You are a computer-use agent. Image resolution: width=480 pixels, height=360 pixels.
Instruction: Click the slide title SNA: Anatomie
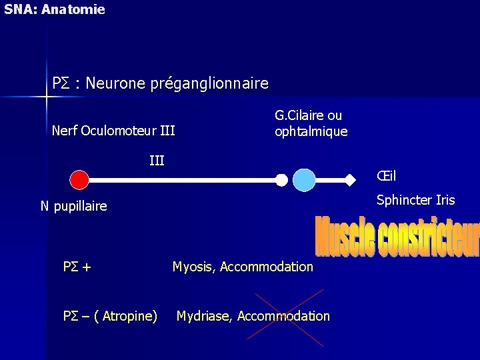pyautogui.click(x=55, y=9)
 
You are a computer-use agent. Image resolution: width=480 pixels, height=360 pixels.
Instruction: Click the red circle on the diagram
pyautogui.click(x=79, y=179)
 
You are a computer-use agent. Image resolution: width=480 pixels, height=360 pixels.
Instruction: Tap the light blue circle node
pyautogui.click(x=304, y=180)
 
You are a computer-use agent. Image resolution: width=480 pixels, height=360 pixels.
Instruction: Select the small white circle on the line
pyautogui.click(x=282, y=180)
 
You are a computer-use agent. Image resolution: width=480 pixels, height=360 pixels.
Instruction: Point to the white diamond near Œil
pyautogui.click(x=350, y=179)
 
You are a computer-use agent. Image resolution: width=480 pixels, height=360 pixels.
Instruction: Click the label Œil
pyautogui.click(x=386, y=176)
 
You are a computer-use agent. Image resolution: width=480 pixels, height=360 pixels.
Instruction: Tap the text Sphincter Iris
pyautogui.click(x=415, y=200)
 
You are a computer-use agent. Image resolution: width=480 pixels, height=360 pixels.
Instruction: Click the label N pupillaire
pyautogui.click(x=73, y=206)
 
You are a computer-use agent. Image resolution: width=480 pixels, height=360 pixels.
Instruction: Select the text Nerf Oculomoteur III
pyautogui.click(x=113, y=131)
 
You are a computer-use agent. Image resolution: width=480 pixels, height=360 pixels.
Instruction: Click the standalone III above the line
pyautogui.click(x=157, y=160)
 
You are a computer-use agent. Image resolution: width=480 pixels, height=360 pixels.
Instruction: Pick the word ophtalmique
pyautogui.click(x=311, y=131)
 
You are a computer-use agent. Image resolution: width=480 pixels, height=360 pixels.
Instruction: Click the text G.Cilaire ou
pyautogui.click(x=308, y=115)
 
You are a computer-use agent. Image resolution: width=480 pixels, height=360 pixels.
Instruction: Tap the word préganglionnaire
pyautogui.click(x=209, y=83)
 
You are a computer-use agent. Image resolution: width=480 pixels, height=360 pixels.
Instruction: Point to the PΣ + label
pyautogui.click(x=77, y=267)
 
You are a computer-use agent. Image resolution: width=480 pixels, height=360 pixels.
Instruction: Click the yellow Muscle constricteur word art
pyautogui.click(x=397, y=237)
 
